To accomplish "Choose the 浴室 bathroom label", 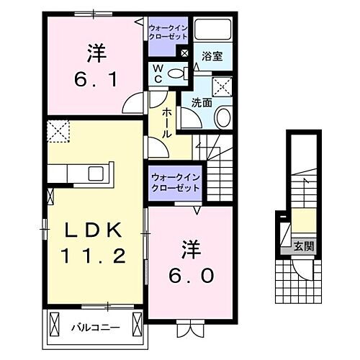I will pyautogui.click(x=211, y=55).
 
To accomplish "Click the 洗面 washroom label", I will pyautogui.click(x=201, y=102).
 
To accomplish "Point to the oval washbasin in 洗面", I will pyautogui.click(x=224, y=118).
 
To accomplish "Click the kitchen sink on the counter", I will pyautogui.click(x=96, y=174).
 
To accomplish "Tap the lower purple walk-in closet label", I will pyautogui.click(x=175, y=182).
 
